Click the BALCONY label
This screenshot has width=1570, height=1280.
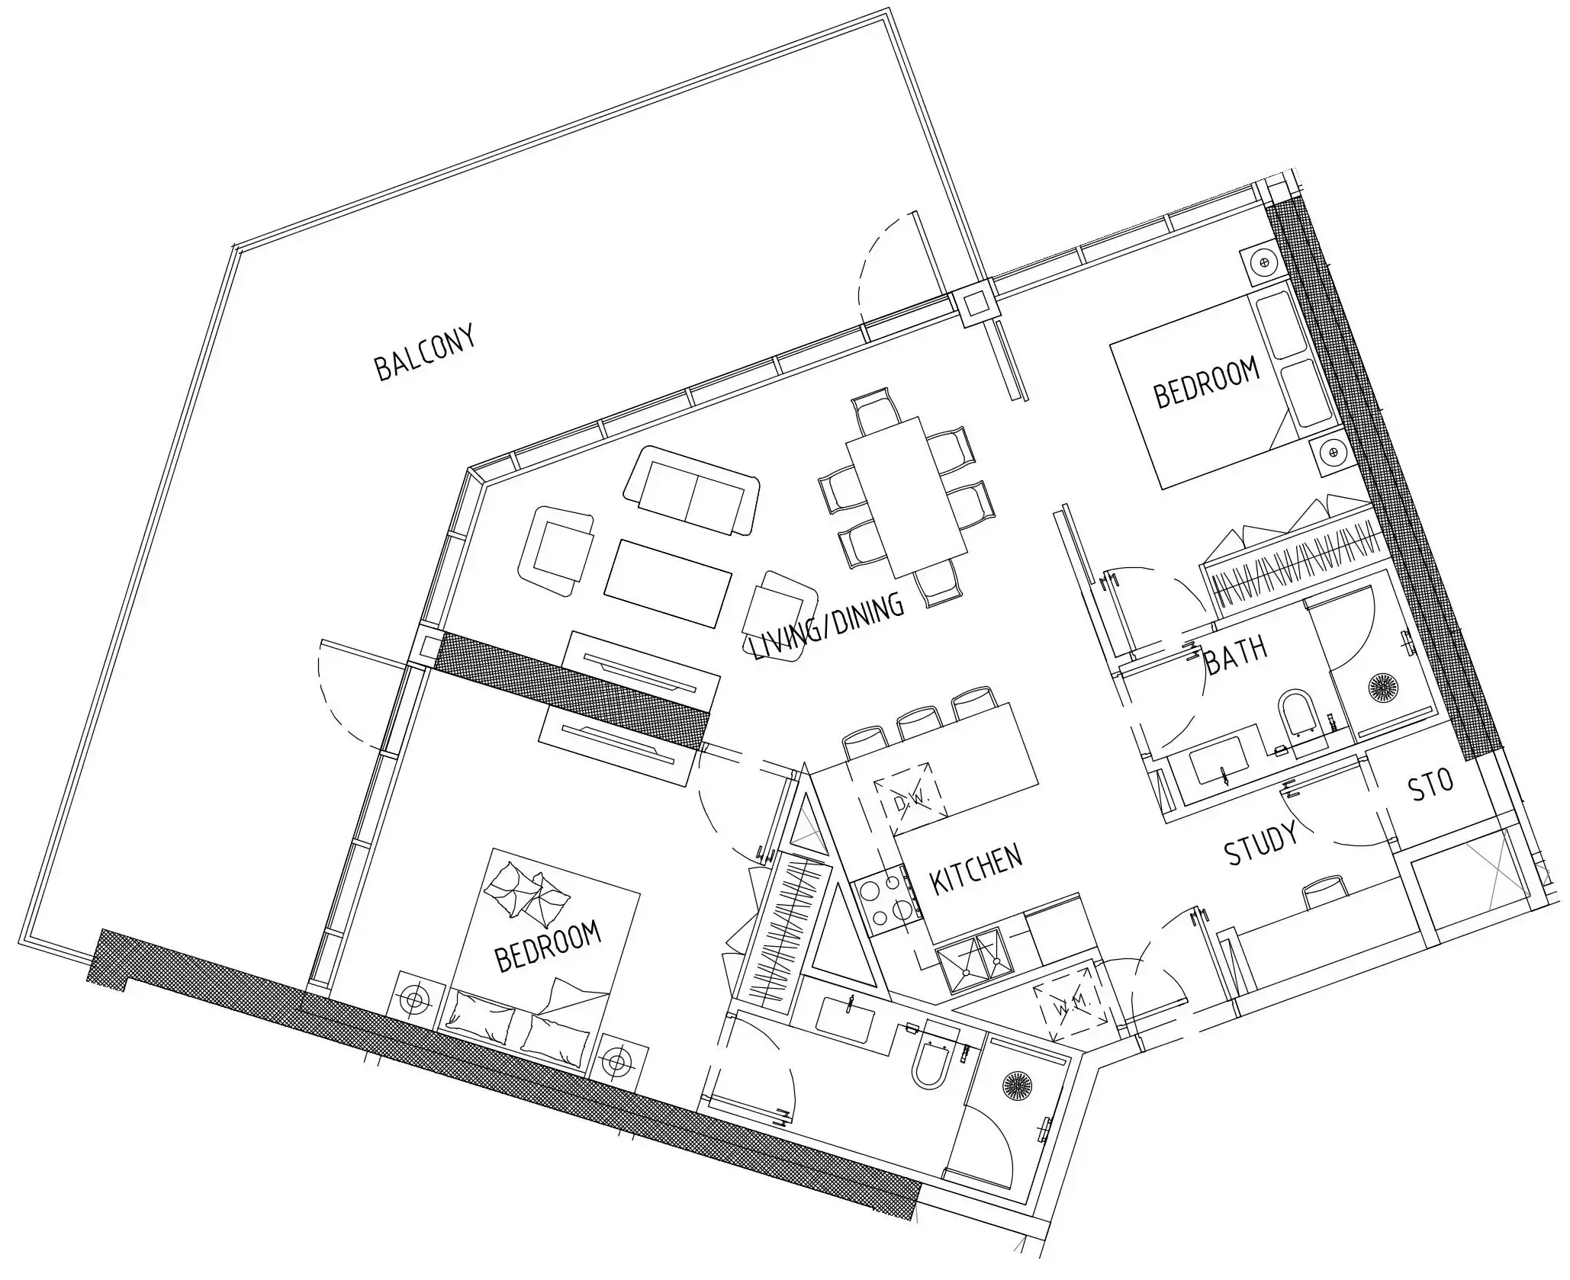click(x=425, y=352)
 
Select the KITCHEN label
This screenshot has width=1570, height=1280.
click(x=976, y=868)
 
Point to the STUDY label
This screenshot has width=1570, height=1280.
click(x=1261, y=843)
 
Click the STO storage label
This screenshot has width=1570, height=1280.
click(x=1431, y=785)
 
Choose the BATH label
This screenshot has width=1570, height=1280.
click(x=1236, y=654)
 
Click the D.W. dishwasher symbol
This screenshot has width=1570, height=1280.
click(x=909, y=799)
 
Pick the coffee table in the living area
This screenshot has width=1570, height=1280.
click(x=668, y=582)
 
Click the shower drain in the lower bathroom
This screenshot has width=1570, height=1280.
click(x=1017, y=1085)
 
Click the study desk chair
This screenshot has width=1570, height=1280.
click(x=1324, y=892)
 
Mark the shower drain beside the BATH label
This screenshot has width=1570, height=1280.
click(x=1383, y=686)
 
